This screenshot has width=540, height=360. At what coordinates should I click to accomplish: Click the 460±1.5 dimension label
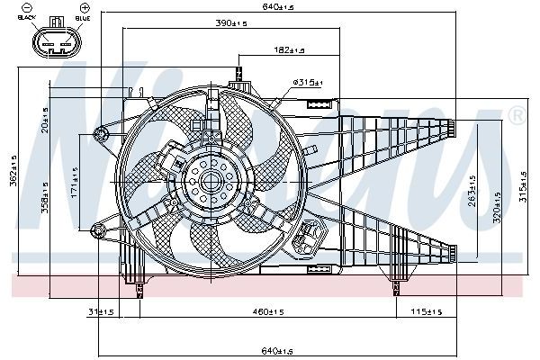269,313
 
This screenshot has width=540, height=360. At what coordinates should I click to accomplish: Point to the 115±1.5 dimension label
427,313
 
